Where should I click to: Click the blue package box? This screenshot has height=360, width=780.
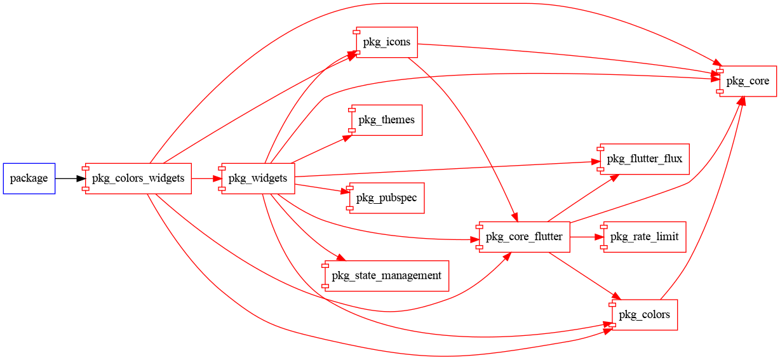click(29, 178)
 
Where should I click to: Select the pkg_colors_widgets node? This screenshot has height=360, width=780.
click(138, 178)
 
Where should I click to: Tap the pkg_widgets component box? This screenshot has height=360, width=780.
click(258, 178)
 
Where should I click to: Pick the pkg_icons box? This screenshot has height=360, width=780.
click(386, 43)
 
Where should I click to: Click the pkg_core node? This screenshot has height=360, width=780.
click(747, 81)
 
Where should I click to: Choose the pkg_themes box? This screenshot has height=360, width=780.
click(386, 120)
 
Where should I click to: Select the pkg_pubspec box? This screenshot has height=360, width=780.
click(386, 198)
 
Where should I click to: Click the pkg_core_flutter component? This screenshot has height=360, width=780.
click(523, 237)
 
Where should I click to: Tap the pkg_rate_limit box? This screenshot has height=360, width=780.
click(643, 237)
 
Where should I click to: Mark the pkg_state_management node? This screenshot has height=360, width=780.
click(386, 276)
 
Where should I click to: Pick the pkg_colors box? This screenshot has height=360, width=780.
click(644, 315)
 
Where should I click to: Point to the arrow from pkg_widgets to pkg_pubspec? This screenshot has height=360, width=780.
click(321, 188)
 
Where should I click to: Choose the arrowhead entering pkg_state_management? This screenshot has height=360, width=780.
click(339, 257)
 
